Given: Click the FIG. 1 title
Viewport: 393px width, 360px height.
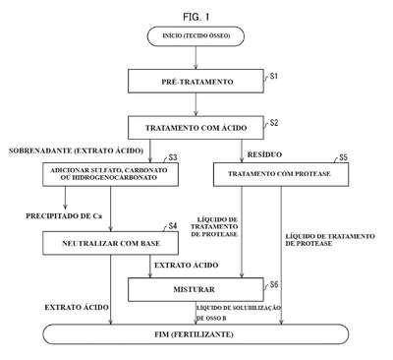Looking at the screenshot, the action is tap(196, 17).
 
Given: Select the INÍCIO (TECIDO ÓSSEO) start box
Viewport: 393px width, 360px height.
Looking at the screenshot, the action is tap(196, 36).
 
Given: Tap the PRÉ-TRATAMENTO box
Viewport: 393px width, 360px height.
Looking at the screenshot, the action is tap(196, 82).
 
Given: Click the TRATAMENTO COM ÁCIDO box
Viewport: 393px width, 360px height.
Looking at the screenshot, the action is tap(196, 128).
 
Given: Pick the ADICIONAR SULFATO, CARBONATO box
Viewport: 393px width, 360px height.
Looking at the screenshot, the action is tap(111, 174).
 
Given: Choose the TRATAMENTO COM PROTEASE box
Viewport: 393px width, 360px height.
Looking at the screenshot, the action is tap(281, 174).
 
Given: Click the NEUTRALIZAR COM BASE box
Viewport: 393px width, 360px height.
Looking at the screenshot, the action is tap(111, 243).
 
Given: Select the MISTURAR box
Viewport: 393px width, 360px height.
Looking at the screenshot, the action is tap(196, 289).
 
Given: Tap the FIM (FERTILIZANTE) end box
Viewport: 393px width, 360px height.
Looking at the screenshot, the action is tap(196, 334).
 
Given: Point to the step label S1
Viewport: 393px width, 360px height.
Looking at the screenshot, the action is tap(274, 76).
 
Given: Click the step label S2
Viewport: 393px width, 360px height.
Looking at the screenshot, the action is tap(274, 123).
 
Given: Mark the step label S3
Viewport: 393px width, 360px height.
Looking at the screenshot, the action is tap(173, 157).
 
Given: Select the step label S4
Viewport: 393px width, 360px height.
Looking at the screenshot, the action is tap(173, 226).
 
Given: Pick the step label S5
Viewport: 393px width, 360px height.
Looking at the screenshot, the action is tap(343, 157).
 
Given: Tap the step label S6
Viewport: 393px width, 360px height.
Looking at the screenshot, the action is tap(274, 284).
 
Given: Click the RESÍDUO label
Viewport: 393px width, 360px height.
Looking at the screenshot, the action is tap(264, 154).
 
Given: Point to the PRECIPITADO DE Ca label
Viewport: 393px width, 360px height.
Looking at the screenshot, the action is tap(64, 216).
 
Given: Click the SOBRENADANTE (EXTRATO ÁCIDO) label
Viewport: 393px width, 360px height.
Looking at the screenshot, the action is tap(76, 150).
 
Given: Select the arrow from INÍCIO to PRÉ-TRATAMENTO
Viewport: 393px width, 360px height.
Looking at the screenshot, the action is tap(196, 58).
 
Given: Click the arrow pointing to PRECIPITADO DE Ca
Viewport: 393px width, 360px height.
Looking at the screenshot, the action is tap(65, 198).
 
